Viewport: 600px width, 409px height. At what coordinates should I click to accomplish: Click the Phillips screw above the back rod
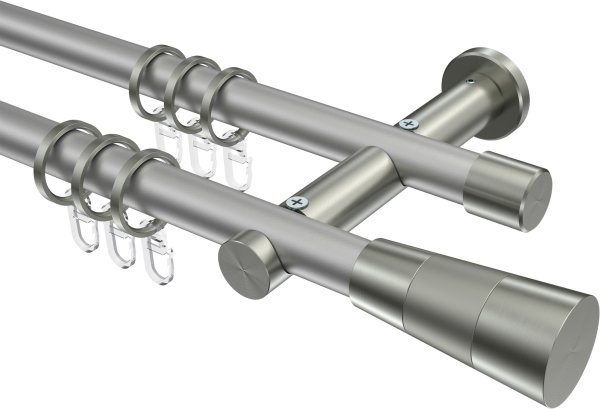click(407, 124)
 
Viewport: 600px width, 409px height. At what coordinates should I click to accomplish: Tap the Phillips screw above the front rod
click(297, 203)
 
